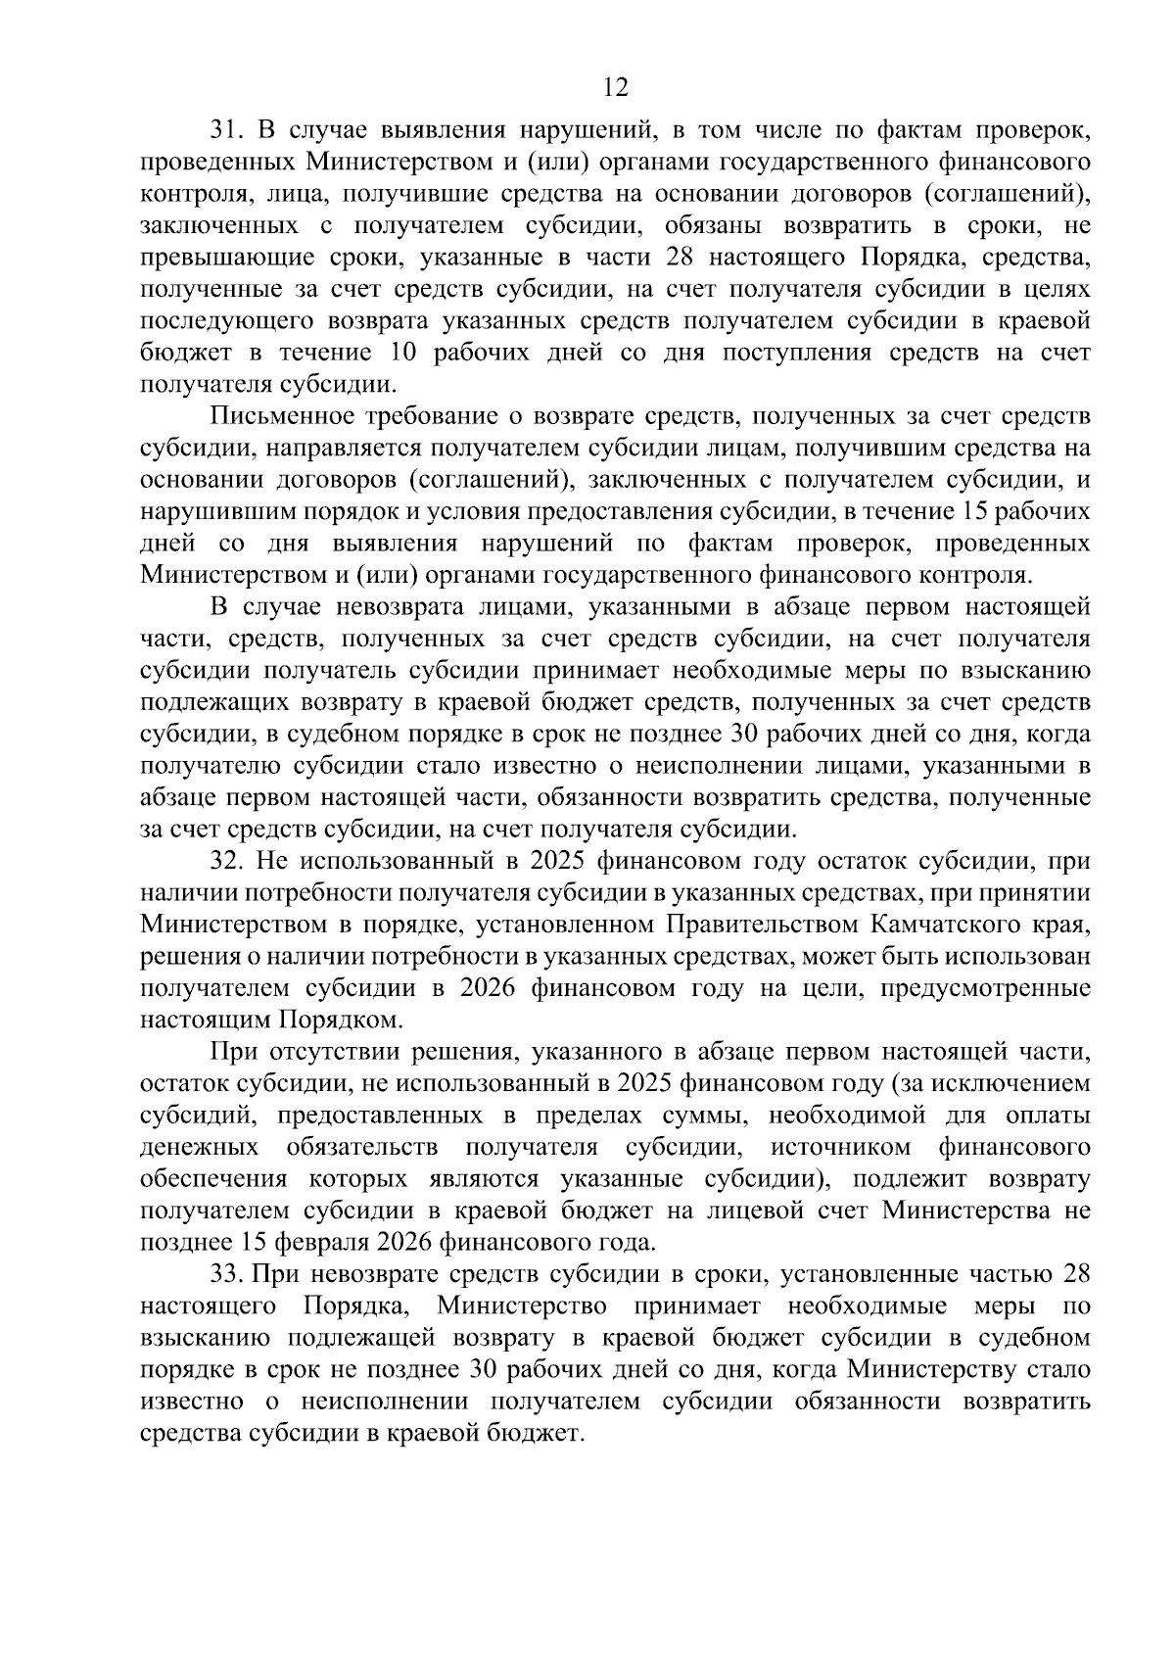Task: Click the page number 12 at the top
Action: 615,87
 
